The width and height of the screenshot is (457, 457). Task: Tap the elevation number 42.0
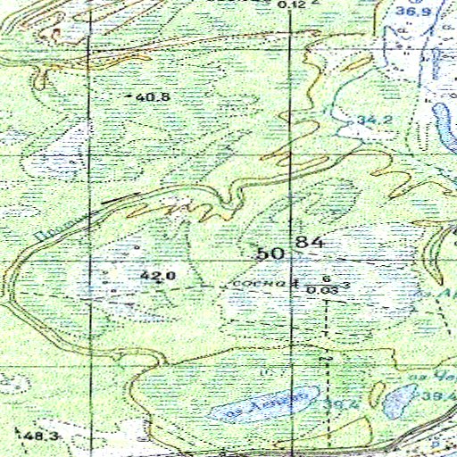click(x=157, y=277)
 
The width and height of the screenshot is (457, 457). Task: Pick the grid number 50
click(x=270, y=253)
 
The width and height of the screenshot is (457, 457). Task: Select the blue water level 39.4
click(x=439, y=395)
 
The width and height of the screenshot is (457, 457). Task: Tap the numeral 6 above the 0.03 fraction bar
click(x=327, y=278)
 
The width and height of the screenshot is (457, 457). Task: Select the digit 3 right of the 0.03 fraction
click(x=345, y=285)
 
